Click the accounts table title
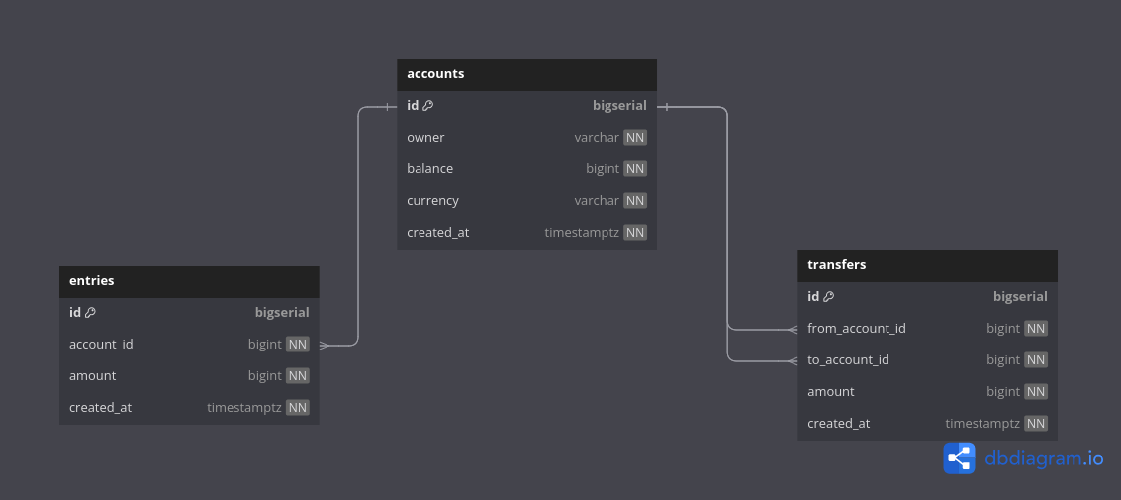point(435,74)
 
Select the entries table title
point(92,281)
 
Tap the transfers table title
point(837,265)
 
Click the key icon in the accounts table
point(428,106)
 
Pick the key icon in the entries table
point(90,313)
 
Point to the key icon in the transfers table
point(829,297)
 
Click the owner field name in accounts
point(425,138)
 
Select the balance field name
point(429,169)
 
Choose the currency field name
point(432,201)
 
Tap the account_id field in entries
point(101,345)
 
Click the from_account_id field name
point(857,329)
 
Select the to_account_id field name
point(848,360)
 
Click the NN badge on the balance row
point(635,169)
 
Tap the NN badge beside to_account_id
point(1036,360)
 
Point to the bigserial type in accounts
point(619,106)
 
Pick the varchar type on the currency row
point(597,201)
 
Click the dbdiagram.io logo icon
point(959,458)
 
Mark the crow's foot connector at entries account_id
point(325,345)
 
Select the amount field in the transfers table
point(831,392)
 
